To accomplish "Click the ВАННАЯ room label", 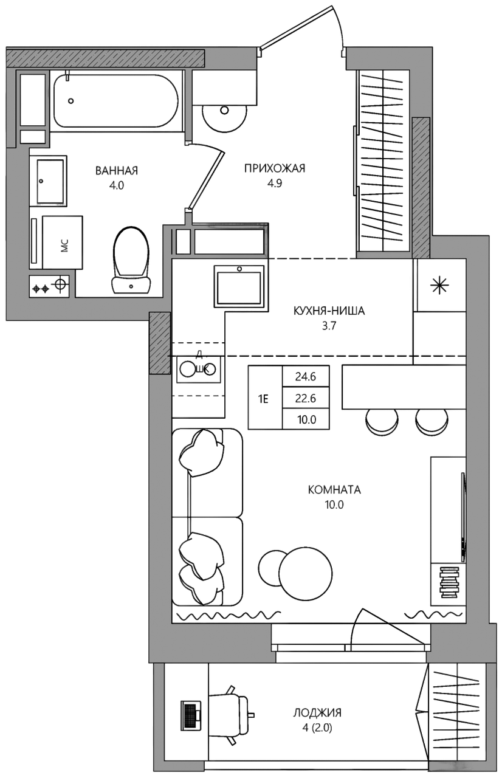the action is [x=117, y=171].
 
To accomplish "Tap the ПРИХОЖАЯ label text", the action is [x=275, y=168].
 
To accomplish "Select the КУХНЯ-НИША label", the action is [x=329, y=311].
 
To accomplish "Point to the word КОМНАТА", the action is [x=334, y=490].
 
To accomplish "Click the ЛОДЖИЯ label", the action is [x=317, y=713].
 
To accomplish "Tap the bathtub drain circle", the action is [x=71, y=101].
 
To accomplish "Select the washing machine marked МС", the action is [x=63, y=242].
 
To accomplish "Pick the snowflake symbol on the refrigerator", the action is [x=439, y=286].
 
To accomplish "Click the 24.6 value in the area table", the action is [x=306, y=376].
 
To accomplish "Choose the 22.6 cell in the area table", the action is [x=306, y=398].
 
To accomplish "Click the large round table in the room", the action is [x=305, y=573].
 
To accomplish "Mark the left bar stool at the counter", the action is [x=381, y=421].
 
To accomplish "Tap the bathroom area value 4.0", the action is [x=117, y=186].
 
